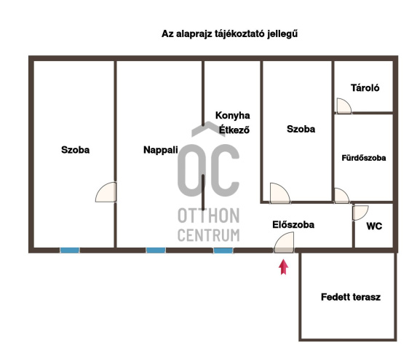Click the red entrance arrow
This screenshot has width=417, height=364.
[x=284, y=267]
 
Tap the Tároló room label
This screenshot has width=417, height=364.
[x=365, y=88]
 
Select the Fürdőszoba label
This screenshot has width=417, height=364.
[x=364, y=158]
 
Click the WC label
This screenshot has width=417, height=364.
[x=374, y=226]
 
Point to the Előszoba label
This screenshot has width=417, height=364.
[x=293, y=224]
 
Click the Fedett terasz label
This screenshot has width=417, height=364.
[x=351, y=297]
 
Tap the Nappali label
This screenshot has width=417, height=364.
[x=161, y=150]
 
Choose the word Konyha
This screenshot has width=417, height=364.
[x=233, y=116]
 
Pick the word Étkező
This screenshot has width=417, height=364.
[x=234, y=130]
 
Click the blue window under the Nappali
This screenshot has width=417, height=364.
[x=156, y=250]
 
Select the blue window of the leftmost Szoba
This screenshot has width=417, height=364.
[x=70, y=250]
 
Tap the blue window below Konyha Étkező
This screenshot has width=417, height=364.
[x=223, y=250]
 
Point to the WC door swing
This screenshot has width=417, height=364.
[x=360, y=213]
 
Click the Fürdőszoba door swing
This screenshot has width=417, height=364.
[x=342, y=196]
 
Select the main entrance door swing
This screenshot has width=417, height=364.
[x=284, y=242]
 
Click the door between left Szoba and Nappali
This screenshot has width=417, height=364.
[x=106, y=192]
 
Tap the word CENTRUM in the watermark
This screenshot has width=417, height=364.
[x=208, y=235]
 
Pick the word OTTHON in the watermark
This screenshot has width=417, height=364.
[x=208, y=215]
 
